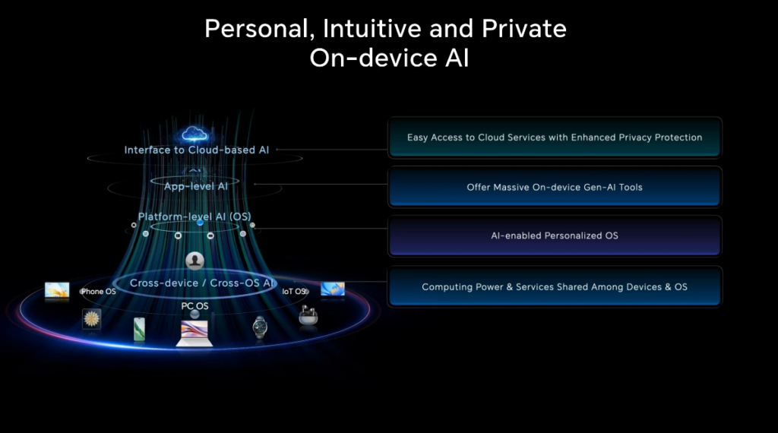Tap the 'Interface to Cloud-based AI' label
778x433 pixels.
pos(197,150)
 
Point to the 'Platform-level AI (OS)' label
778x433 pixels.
pos(194,216)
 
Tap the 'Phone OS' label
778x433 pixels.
pos(98,292)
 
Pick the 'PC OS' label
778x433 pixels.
pos(194,306)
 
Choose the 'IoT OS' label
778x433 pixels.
pos(293,292)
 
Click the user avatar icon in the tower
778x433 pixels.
pos(195,261)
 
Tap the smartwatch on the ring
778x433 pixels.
pos(260,327)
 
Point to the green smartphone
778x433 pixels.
pos(139,329)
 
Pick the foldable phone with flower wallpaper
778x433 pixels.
pos(92,319)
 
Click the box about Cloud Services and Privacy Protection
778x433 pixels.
pos(554,137)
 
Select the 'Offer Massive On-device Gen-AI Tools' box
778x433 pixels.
pos(554,187)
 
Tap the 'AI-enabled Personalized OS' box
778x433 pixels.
pos(554,235)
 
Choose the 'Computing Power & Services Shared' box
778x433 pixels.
pos(554,287)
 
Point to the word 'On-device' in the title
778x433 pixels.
pos(365,58)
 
